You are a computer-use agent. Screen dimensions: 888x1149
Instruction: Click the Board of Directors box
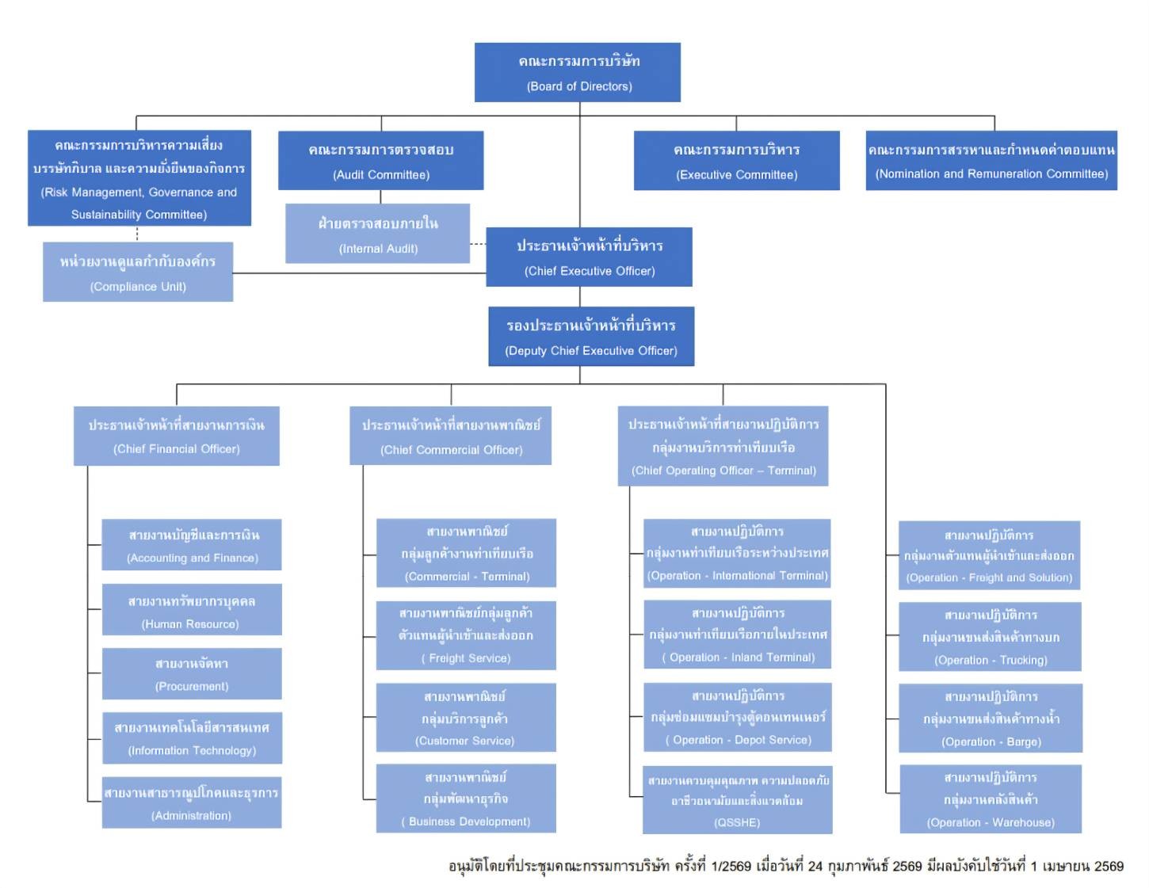(577, 72)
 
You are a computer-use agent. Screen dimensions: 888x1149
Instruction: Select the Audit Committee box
(380, 161)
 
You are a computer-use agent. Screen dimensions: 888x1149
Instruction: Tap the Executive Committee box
(736, 161)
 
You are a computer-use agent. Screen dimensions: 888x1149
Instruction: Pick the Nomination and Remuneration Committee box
(991, 161)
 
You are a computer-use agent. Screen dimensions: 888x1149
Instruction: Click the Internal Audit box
(377, 234)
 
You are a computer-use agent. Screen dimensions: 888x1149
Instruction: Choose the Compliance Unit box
(138, 272)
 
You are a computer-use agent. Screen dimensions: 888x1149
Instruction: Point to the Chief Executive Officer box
(589, 257)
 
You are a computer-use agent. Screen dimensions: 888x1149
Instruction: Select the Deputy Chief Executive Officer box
(591, 337)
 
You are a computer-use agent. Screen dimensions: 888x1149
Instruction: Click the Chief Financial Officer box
(177, 436)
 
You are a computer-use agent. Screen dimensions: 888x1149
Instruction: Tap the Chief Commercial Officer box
(451, 436)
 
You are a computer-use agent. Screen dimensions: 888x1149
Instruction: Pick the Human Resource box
(191, 611)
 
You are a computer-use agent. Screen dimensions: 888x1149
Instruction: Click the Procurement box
(191, 674)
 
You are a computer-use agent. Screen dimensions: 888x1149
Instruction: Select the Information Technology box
(191, 738)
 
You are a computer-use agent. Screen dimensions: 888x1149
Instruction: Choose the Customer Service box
(465, 718)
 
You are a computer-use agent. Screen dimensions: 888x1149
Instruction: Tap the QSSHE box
(737, 800)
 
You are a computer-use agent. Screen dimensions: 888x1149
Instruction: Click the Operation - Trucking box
(991, 637)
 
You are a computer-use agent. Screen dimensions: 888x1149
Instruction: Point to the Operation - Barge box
(991, 718)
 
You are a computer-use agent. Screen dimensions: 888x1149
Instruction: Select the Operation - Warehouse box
(991, 799)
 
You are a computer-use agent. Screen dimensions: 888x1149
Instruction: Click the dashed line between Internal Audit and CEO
(479, 244)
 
